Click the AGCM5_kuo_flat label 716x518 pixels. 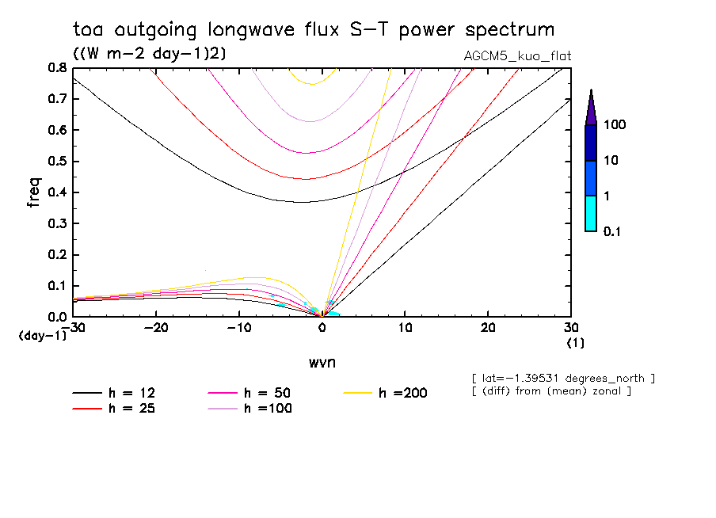pyautogui.click(x=517, y=55)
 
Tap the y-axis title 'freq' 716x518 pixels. pyautogui.click(x=34, y=192)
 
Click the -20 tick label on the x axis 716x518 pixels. pyautogui.click(x=156, y=328)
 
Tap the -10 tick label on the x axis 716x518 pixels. pyautogui.click(x=238, y=328)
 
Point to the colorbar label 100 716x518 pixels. pyautogui.click(x=615, y=125)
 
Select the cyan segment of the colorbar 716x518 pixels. pyautogui.click(x=591, y=213)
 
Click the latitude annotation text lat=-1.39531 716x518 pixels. pyautogui.click(x=562, y=378)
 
